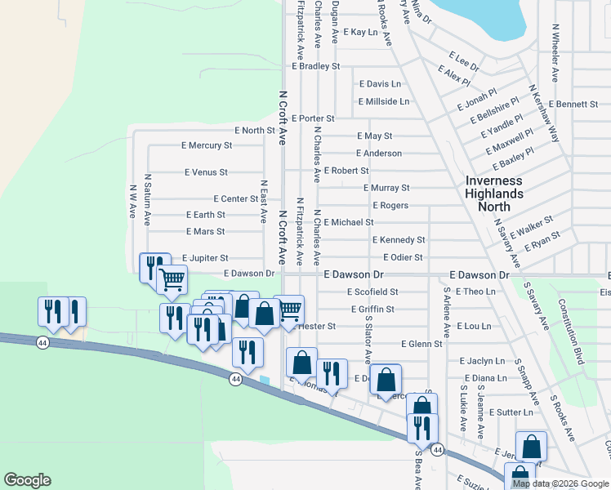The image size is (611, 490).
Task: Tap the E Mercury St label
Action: (206, 145)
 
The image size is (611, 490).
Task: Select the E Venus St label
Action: (206, 172)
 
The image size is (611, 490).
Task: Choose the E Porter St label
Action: (312, 118)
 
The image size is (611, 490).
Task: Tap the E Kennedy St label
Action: (399, 240)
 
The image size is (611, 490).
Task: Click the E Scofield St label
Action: (372, 292)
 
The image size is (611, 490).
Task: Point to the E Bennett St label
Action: (573, 105)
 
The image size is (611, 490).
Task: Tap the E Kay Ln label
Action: (361, 33)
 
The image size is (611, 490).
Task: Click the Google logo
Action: (27, 480)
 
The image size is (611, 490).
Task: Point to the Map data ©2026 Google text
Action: (560, 483)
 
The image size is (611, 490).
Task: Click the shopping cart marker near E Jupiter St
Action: (172, 279)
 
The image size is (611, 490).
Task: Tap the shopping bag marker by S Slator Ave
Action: (386, 378)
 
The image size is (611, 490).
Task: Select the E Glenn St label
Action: (421, 344)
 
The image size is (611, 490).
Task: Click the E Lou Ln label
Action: (474, 326)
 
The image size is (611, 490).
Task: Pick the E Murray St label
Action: (386, 188)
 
